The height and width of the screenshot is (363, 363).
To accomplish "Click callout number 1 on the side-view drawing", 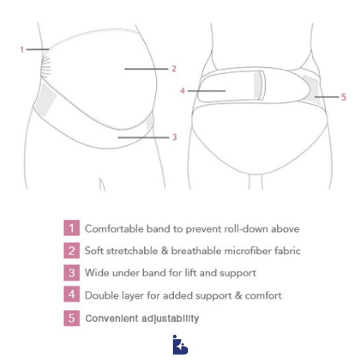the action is pos(22,49).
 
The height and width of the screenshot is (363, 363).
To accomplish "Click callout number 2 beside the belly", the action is pos(174,69).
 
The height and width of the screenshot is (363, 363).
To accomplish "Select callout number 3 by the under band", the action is pos(174,137).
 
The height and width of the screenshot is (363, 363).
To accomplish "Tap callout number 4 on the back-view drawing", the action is pos(182,90).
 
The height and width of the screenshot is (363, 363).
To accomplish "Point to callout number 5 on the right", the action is pos(344,97).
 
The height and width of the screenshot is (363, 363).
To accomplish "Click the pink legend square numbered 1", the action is pos(71,228).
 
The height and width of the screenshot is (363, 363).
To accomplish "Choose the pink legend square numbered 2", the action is pos(71,251).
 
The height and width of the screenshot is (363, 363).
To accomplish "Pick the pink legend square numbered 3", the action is pos(71,273).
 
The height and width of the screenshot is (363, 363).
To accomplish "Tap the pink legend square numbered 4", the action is pos(71,295).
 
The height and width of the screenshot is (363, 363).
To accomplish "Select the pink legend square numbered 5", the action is pos(71,318).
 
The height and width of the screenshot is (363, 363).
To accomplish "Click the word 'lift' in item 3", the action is pos(193,273).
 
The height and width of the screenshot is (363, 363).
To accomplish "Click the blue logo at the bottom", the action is pos(180,345).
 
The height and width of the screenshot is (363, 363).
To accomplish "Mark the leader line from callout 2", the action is pos(145,69).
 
